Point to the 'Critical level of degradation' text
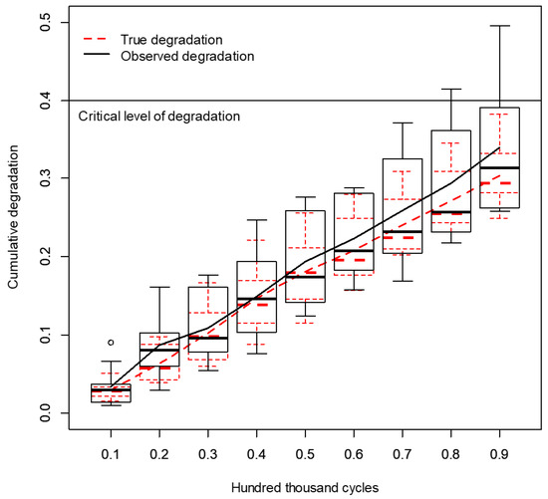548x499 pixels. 158,117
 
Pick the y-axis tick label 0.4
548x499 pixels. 46,100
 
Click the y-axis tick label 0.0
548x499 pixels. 46,413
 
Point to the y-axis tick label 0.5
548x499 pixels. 46,22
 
